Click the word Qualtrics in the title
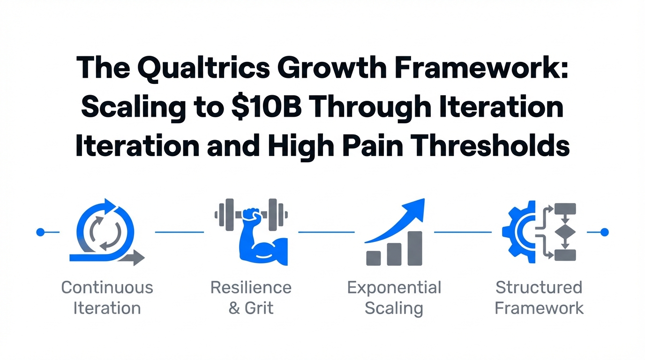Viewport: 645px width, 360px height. pos(204,68)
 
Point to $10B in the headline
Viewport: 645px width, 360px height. pos(266,107)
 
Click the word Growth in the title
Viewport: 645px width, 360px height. pos(332,68)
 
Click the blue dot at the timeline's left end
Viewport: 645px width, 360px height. pos(41,232)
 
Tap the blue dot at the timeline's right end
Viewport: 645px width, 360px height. pos(604,232)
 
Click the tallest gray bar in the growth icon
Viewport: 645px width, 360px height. pos(415,248)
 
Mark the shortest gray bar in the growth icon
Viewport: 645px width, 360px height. pos(374,258)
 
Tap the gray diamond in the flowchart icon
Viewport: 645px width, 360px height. pos(565,232)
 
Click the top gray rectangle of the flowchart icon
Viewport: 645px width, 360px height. pos(565,209)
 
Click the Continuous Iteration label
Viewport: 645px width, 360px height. pos(107,298)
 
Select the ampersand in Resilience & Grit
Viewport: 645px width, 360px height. pos(234,308)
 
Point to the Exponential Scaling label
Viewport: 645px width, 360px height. pos(394,299)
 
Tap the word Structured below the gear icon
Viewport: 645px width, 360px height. pos(539,287)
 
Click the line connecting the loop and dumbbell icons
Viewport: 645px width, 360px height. pos(180,232)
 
